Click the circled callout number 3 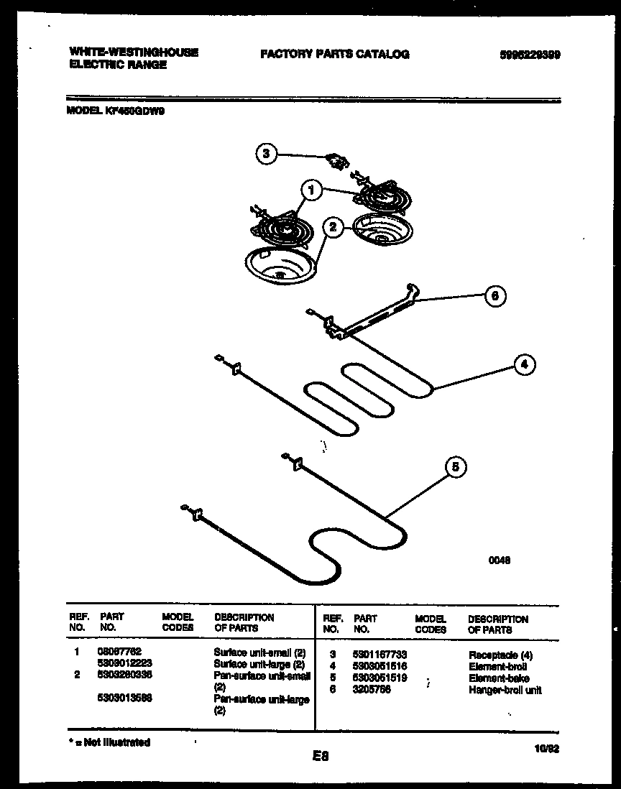pyautogui.click(x=267, y=153)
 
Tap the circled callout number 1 pyautogui.click(x=310, y=191)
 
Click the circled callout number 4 pyautogui.click(x=525, y=365)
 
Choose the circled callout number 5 pyautogui.click(x=454, y=468)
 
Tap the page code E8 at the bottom pyautogui.click(x=321, y=755)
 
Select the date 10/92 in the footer pyautogui.click(x=547, y=747)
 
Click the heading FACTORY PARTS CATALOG pyautogui.click(x=335, y=54)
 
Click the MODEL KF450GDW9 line pyautogui.click(x=116, y=111)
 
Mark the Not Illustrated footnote pyautogui.click(x=109, y=742)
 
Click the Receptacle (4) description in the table pyautogui.click(x=501, y=655)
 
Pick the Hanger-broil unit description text pyautogui.click(x=505, y=690)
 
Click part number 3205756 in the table pyautogui.click(x=371, y=690)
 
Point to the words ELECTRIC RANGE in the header pyautogui.click(x=118, y=65)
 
